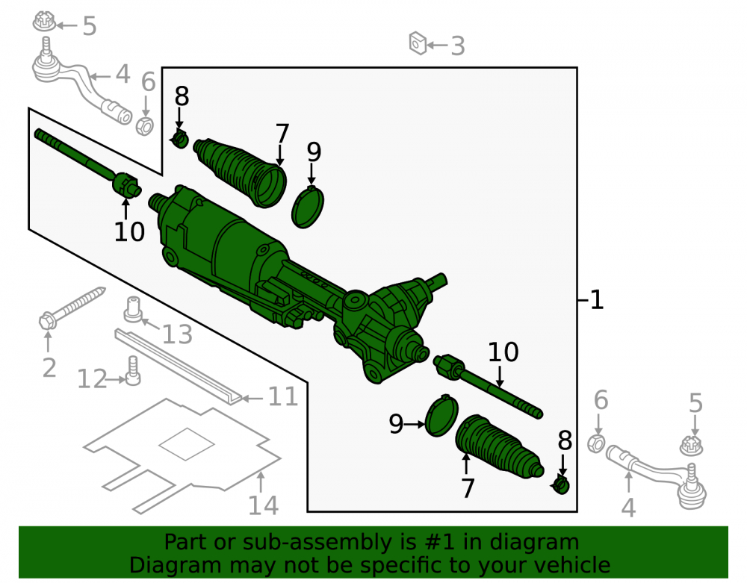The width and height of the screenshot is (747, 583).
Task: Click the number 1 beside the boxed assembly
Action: tap(597, 300)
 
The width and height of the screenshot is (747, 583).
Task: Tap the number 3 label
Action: tap(458, 46)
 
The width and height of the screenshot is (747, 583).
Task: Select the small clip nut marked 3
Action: tap(418, 43)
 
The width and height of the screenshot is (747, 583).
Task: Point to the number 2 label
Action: tap(49, 368)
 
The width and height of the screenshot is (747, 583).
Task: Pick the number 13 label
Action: tap(177, 334)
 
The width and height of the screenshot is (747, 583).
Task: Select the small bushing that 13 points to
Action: tap(133, 309)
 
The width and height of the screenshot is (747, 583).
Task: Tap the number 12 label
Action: tap(92, 379)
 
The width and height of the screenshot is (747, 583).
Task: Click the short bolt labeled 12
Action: tap(133, 371)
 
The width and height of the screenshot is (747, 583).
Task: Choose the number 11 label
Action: tap(283, 396)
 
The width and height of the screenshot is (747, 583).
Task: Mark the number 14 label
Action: tap(263, 505)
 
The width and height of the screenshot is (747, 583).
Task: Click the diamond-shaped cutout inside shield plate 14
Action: tap(186, 444)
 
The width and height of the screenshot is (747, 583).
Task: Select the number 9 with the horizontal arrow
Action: tap(396, 423)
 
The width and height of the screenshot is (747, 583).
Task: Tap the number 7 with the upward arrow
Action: tap(468, 488)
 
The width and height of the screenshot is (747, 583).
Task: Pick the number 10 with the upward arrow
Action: tap(129, 232)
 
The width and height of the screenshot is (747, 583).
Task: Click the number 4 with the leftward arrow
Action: tap(123, 75)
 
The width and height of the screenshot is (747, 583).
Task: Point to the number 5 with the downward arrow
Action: tap(695, 403)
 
